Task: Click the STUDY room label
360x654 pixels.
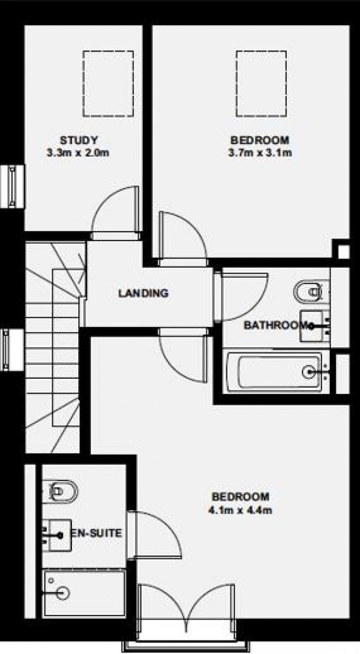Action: pos(78,139)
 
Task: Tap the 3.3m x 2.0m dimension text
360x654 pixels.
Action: pos(78,153)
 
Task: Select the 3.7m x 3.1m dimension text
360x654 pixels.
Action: pos(260,153)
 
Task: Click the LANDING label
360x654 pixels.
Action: pos(143,293)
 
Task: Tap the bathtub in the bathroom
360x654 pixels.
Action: pos(274,372)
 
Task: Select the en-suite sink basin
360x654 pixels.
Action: pos(57,535)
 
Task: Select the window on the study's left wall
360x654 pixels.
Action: pos(12,186)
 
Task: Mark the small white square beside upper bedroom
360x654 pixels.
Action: pos(343,251)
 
